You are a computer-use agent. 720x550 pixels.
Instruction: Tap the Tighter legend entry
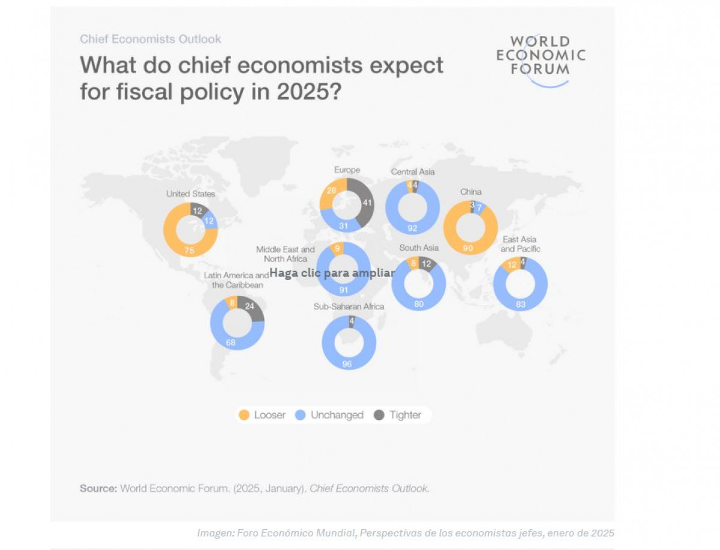(x=398, y=415)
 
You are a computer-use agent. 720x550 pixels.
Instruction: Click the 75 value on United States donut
(x=189, y=251)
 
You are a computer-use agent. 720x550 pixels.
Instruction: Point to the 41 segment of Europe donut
(x=368, y=203)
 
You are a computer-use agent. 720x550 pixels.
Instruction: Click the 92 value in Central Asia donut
(x=412, y=228)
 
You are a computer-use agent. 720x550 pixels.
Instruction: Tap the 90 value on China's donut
(x=469, y=247)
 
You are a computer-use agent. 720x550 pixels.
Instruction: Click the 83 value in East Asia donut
(x=520, y=305)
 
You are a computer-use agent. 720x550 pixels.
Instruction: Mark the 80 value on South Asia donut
(x=418, y=304)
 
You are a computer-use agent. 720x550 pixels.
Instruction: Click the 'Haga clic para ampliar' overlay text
(x=332, y=273)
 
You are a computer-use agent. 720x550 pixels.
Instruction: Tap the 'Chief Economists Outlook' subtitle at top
(x=151, y=39)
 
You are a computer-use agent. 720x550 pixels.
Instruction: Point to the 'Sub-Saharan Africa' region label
(x=349, y=306)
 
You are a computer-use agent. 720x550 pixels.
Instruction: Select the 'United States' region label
(x=190, y=194)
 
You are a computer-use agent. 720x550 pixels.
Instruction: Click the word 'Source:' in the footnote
(x=98, y=488)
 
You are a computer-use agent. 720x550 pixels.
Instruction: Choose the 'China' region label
(x=470, y=192)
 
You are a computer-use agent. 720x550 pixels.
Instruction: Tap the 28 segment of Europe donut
(x=331, y=190)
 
